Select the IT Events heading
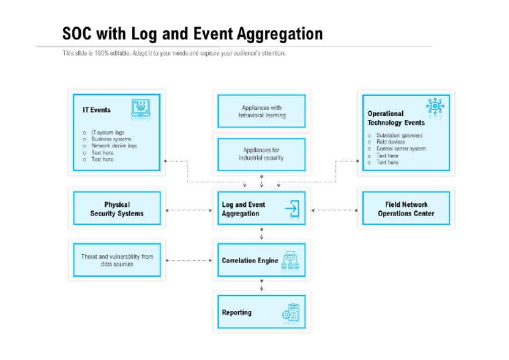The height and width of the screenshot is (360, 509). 96,110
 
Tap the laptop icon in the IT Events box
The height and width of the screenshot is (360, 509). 141,108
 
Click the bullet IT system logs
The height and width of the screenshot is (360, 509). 107,133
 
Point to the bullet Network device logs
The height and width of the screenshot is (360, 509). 114,146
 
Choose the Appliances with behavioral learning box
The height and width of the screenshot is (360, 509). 261,111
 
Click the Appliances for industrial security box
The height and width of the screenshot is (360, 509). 261,154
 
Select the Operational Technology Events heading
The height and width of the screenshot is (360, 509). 396,118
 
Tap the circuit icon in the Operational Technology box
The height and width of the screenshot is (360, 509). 435,107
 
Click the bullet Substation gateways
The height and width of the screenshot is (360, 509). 399,135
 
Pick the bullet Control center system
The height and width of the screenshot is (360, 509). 401,149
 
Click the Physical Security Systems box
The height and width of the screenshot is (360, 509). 117,209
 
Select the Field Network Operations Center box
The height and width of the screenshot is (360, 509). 406,209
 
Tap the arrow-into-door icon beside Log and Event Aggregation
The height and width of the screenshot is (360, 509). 292,210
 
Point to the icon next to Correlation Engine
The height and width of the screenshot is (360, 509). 291,260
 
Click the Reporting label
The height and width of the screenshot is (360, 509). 237,312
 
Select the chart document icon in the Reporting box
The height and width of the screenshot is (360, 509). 290,312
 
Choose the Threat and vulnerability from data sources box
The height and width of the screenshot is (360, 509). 117,260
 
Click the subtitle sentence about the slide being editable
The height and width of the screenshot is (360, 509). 174,54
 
